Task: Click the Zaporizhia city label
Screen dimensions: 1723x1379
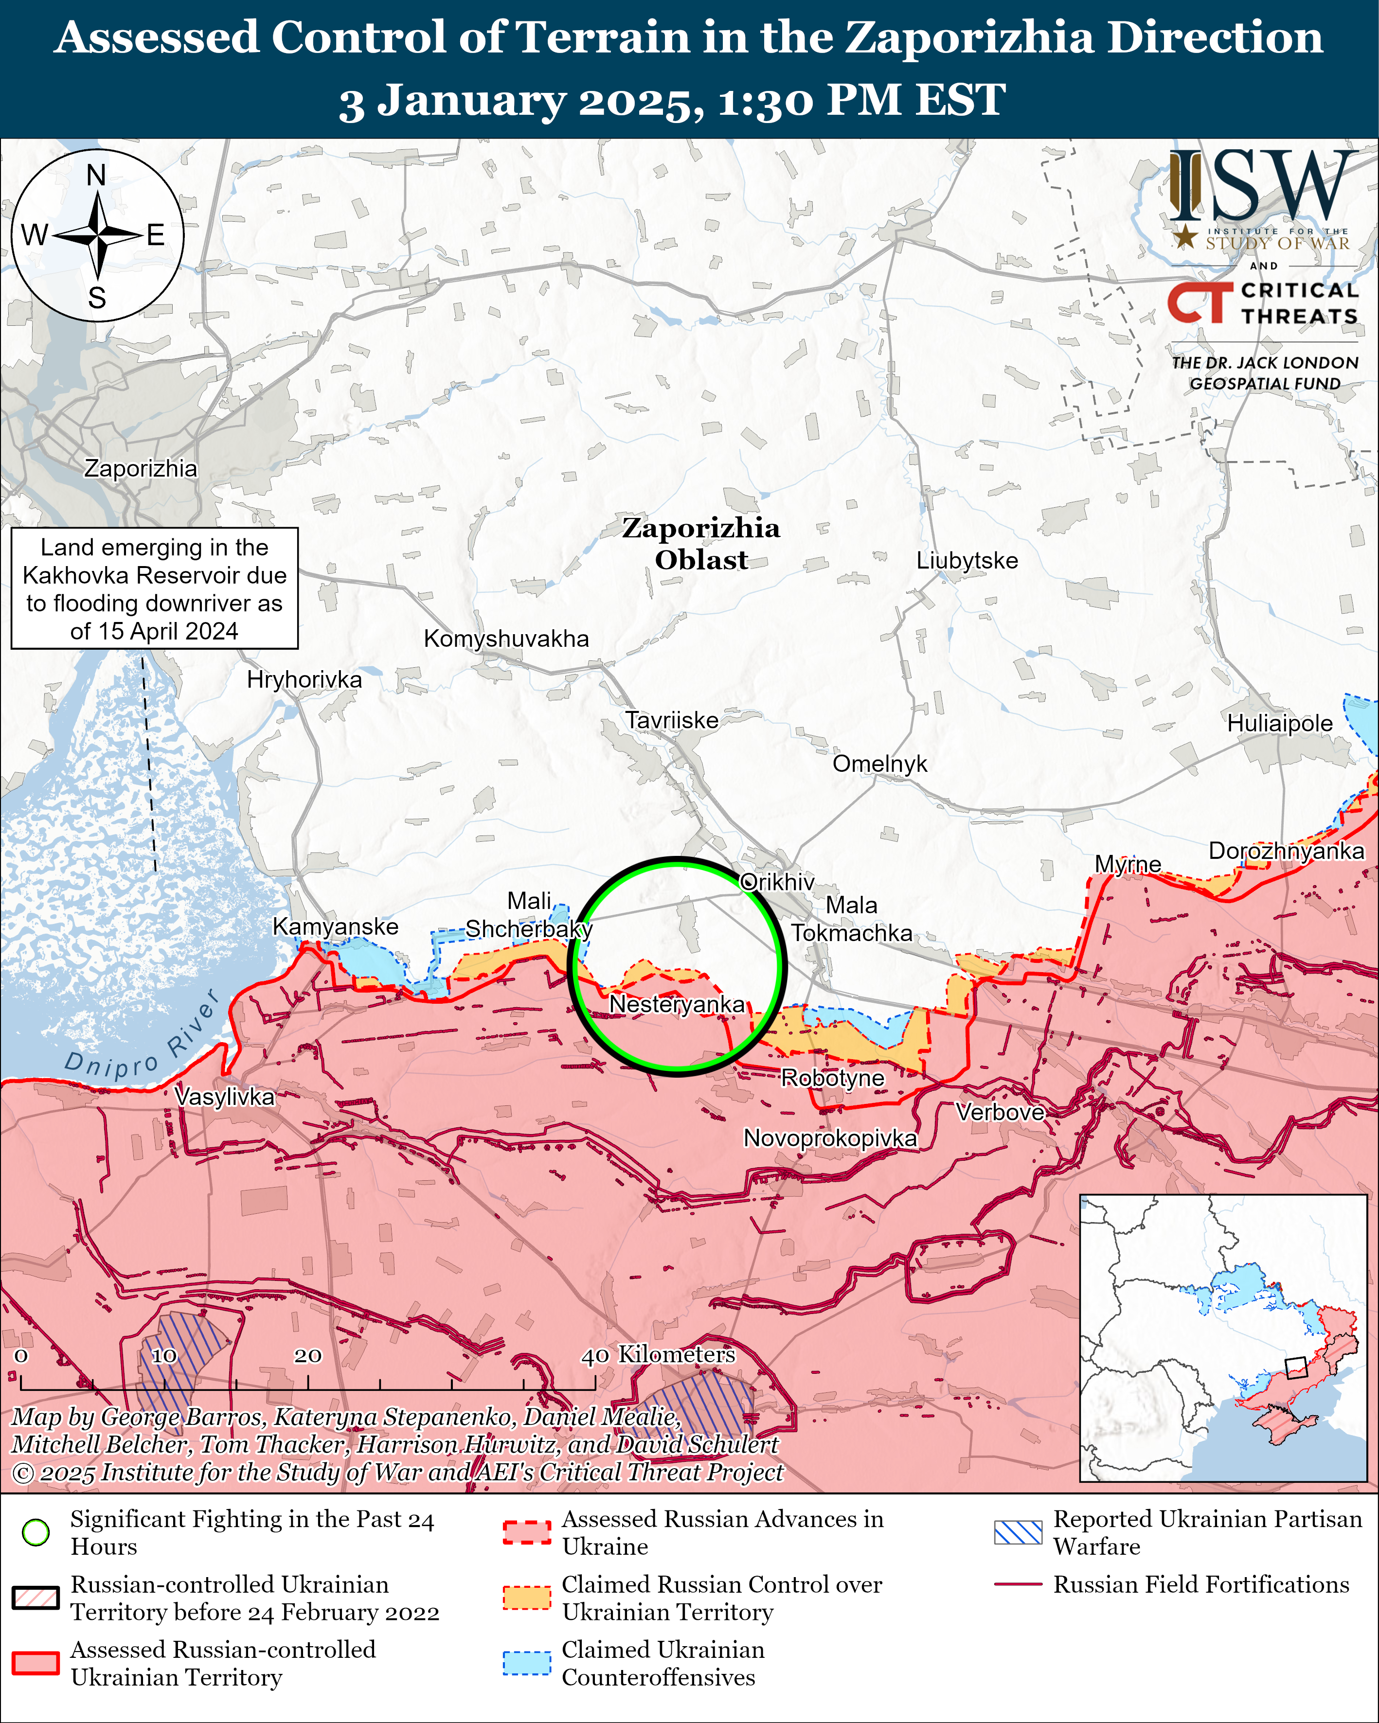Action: [141, 468]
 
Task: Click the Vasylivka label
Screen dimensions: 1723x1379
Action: [225, 1097]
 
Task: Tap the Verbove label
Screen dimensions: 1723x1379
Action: [1000, 1112]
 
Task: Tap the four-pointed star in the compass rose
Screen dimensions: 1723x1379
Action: [98, 236]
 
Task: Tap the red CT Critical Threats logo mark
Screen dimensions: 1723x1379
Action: [1199, 302]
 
